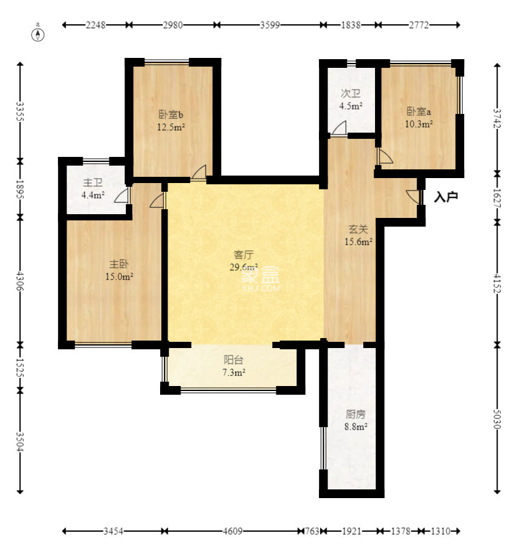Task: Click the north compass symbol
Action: click(38, 34)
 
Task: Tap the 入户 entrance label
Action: click(446, 197)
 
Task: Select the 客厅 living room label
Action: click(244, 255)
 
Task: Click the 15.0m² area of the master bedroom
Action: click(119, 276)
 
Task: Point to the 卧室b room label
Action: click(171, 115)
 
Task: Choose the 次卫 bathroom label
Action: click(351, 93)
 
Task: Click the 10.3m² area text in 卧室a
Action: click(419, 124)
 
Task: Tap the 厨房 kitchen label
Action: click(356, 414)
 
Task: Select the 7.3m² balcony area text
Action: click(234, 372)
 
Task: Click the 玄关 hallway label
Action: click(358, 229)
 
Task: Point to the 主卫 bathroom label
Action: click(93, 182)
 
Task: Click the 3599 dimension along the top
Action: click(270, 25)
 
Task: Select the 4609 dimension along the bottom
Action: click(233, 531)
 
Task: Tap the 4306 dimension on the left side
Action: click(20, 281)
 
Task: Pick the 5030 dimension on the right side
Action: click(497, 419)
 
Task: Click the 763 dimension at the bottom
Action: click(312, 531)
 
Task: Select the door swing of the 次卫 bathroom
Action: click(339, 128)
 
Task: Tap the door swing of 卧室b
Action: click(199, 172)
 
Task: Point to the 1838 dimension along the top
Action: click(351, 25)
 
